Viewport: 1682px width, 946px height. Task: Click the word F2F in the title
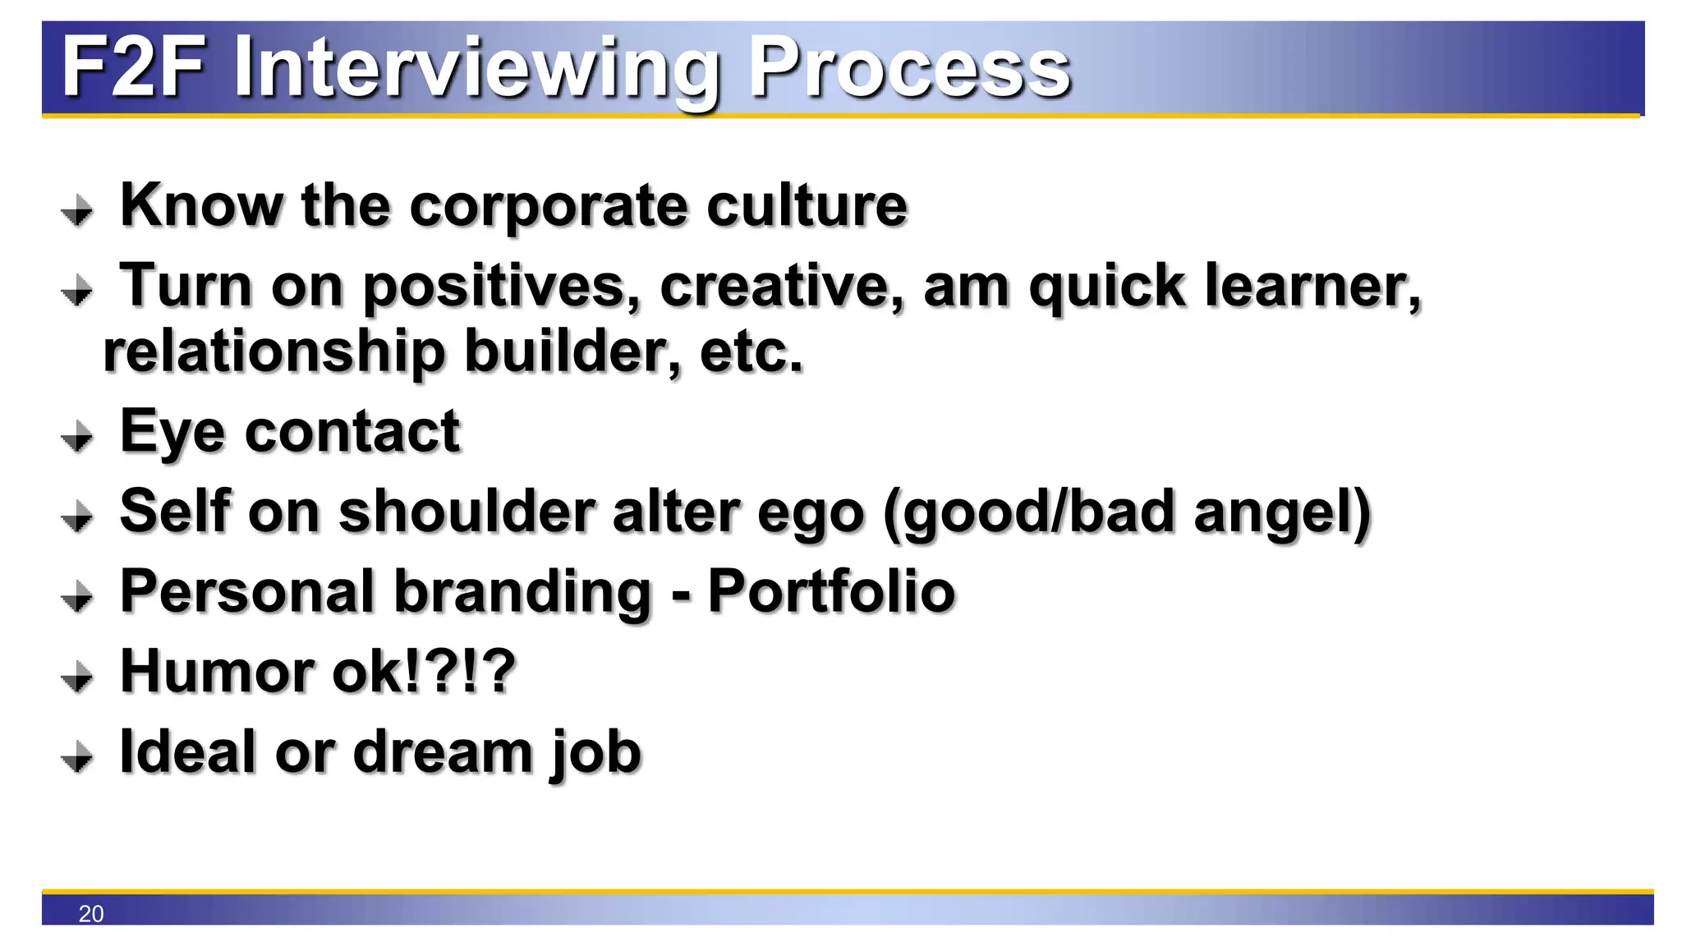click(x=134, y=67)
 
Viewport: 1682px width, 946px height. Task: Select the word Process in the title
click(x=908, y=67)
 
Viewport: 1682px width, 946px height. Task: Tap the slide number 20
click(x=91, y=913)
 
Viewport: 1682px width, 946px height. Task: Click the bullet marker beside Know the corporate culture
click(x=77, y=209)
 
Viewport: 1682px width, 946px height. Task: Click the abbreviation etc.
click(x=751, y=351)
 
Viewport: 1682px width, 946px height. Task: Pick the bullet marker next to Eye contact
click(x=77, y=436)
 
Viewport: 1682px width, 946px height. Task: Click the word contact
click(x=352, y=431)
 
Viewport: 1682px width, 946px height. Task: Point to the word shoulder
click(x=466, y=511)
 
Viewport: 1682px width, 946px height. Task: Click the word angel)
click(x=1281, y=512)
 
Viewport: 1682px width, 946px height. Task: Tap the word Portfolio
click(x=831, y=590)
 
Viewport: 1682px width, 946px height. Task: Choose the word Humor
click(x=217, y=671)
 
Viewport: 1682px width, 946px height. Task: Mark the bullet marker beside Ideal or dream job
click(x=77, y=756)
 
